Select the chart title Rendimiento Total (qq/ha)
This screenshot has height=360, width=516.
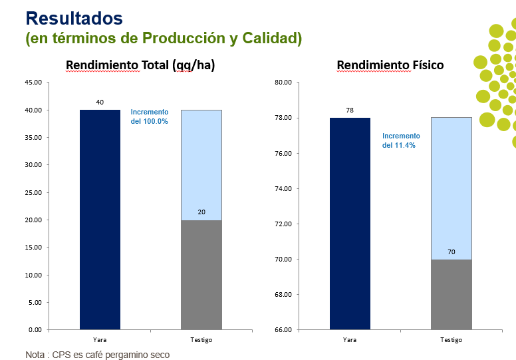tap(140, 65)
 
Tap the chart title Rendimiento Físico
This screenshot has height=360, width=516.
tap(390, 65)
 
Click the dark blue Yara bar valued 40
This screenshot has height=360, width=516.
tap(100, 220)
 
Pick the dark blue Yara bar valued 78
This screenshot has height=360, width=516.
tap(350, 224)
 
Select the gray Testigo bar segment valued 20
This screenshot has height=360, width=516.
tap(201, 275)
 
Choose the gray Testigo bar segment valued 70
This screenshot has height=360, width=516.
tap(451, 294)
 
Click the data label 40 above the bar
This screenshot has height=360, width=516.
tap(100, 102)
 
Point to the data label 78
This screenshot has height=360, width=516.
tap(350, 110)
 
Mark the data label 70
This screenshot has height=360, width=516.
tap(451, 252)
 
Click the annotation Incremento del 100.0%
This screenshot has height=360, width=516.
tap(150, 117)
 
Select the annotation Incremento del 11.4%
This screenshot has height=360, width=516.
tap(401, 140)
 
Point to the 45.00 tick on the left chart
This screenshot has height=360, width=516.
tap(33, 83)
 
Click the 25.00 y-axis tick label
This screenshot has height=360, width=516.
tap(33, 192)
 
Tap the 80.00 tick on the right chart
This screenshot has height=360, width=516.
tap(283, 83)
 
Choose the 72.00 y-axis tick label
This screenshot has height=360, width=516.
tap(283, 224)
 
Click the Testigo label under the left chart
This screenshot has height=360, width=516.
tap(201, 340)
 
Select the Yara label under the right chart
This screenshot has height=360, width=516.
tap(350, 340)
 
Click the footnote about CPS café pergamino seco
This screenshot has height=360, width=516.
tap(98, 355)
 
